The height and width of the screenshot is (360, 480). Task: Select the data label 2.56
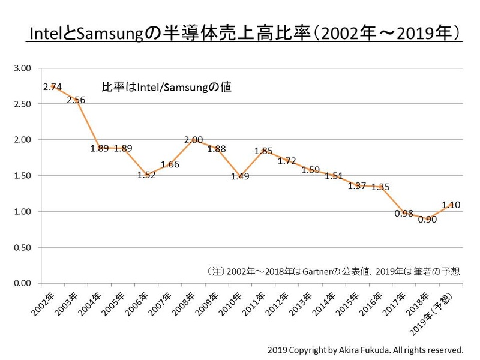click(76, 100)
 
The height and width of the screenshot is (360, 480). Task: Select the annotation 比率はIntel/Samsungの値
click(166, 87)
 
